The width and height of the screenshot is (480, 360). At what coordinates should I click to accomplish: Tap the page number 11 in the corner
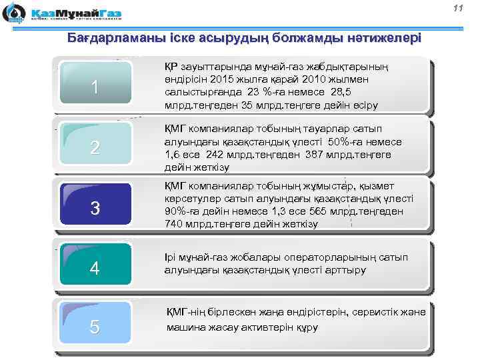(x=457, y=8)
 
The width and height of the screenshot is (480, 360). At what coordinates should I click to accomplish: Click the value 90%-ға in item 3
(x=183, y=212)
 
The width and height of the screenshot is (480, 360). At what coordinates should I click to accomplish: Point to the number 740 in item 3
(x=174, y=225)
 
